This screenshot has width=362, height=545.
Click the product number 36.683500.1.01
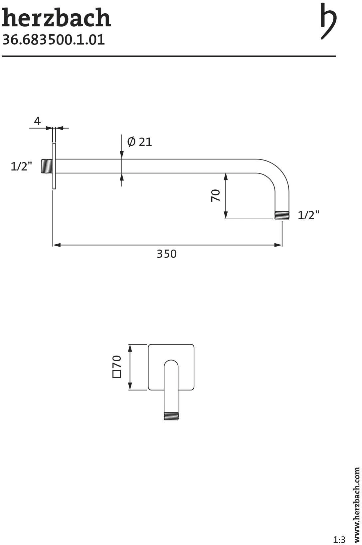[54, 40]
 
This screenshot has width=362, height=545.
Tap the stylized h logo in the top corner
[329, 21]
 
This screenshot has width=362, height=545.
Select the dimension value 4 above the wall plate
[37, 121]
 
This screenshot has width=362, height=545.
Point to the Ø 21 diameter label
[140, 142]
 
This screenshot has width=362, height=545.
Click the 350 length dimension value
[167, 254]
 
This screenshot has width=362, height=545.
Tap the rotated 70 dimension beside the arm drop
[216, 195]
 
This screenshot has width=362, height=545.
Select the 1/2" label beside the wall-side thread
[21, 167]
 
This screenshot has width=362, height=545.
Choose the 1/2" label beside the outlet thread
[308, 215]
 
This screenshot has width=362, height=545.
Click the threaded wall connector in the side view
[47, 166]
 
